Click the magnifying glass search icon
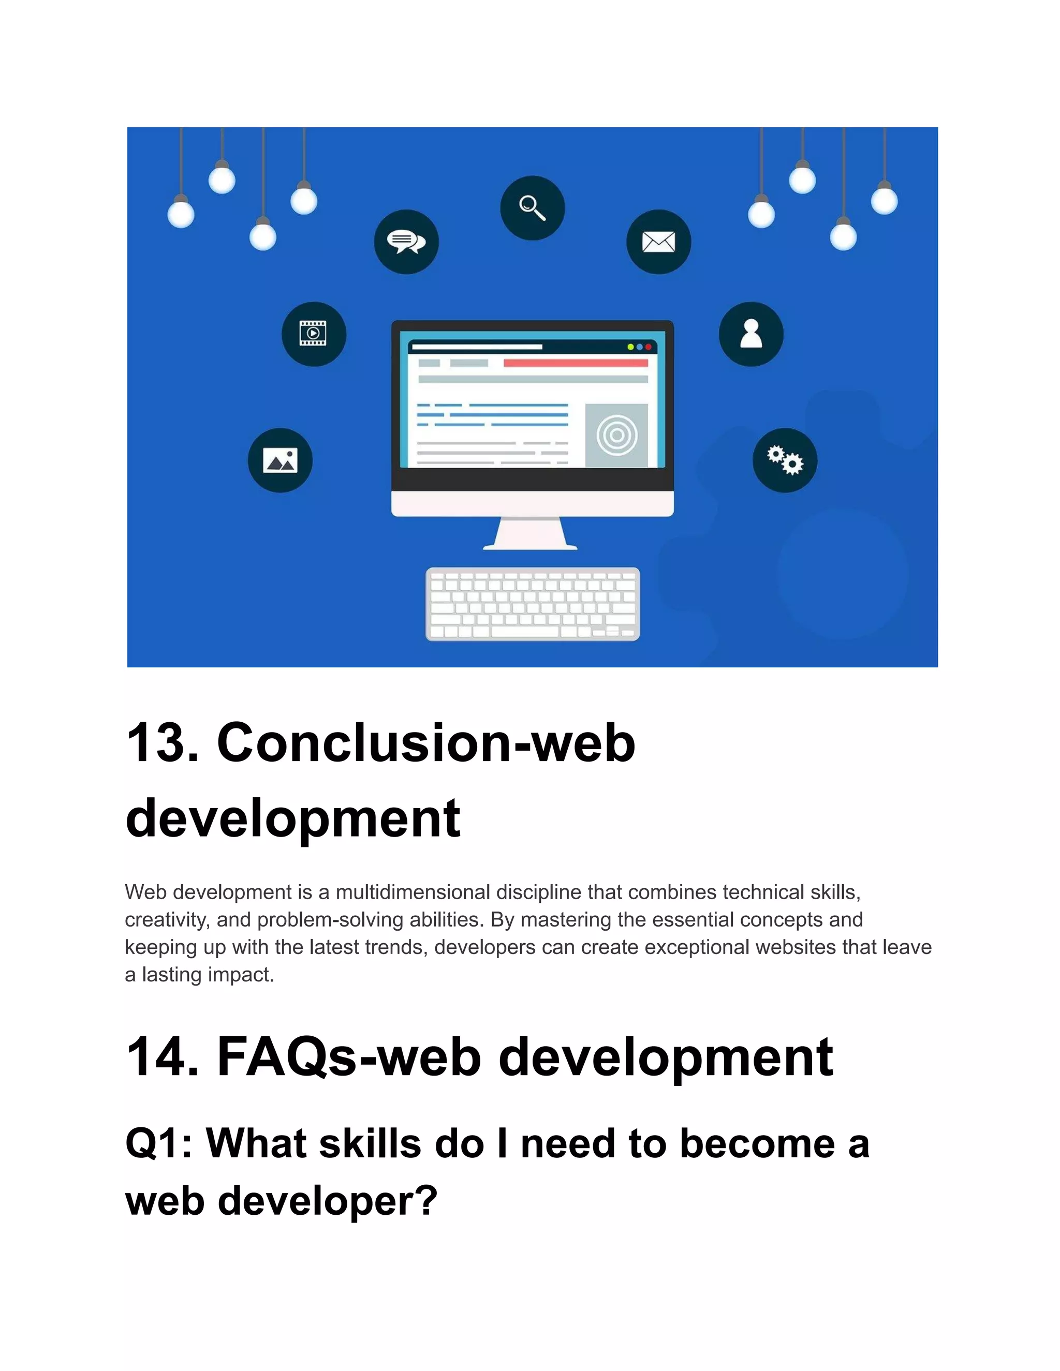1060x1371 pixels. coord(532,208)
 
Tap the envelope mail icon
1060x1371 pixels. coord(658,242)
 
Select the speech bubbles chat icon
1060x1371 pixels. coord(406,242)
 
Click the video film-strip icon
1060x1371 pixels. coord(313,334)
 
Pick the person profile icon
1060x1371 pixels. coord(751,334)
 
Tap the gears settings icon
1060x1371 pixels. coord(785,460)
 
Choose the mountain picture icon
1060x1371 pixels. coord(280,460)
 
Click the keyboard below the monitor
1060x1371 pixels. coord(533,604)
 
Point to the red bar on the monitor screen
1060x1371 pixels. coord(575,363)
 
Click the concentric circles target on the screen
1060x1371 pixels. coord(616,435)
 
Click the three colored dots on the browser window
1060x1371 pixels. coord(639,347)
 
